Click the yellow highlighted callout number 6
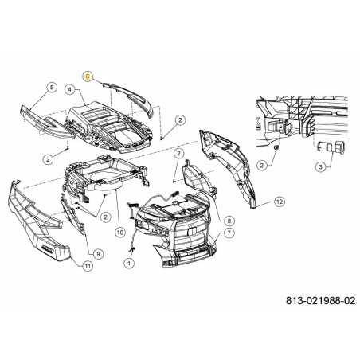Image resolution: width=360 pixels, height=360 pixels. coord(88,76)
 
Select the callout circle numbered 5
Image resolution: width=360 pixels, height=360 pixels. coord(52,87)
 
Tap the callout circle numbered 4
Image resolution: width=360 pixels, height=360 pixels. coord(70,90)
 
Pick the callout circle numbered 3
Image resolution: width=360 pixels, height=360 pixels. coord(320,167)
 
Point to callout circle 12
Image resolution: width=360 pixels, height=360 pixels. coord(280,202)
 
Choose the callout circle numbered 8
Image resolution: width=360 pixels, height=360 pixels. coord(229,221)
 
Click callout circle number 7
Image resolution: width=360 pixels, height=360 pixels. coord(229,233)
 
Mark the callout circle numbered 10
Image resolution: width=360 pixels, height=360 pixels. coord(120,233)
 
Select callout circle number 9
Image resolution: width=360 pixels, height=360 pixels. coord(98,254)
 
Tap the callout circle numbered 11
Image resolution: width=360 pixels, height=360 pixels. coord(88,266)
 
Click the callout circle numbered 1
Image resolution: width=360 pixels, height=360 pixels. coord(129,264)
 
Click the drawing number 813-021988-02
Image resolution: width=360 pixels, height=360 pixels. coord(320,301)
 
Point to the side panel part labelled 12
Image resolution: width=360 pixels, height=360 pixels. coord(229,167)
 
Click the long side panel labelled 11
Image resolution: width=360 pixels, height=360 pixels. coord(37,223)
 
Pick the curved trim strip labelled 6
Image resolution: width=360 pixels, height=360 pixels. coord(130,97)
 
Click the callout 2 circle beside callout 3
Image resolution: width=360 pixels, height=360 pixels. coord(262,166)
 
